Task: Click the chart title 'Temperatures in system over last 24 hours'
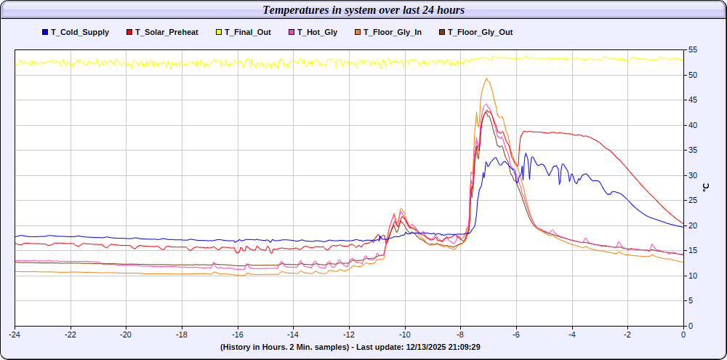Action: (363, 10)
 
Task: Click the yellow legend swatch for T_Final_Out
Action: (218, 32)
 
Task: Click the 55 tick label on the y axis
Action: (692, 50)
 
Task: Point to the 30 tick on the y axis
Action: (692, 175)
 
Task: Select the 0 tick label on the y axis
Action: (690, 326)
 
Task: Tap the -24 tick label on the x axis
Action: (15, 335)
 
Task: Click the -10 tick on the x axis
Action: (404, 335)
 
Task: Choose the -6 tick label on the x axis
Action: (516, 335)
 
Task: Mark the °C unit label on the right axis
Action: (705, 188)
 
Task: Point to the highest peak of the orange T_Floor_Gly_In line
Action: (486, 79)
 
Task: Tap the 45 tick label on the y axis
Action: (692, 100)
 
